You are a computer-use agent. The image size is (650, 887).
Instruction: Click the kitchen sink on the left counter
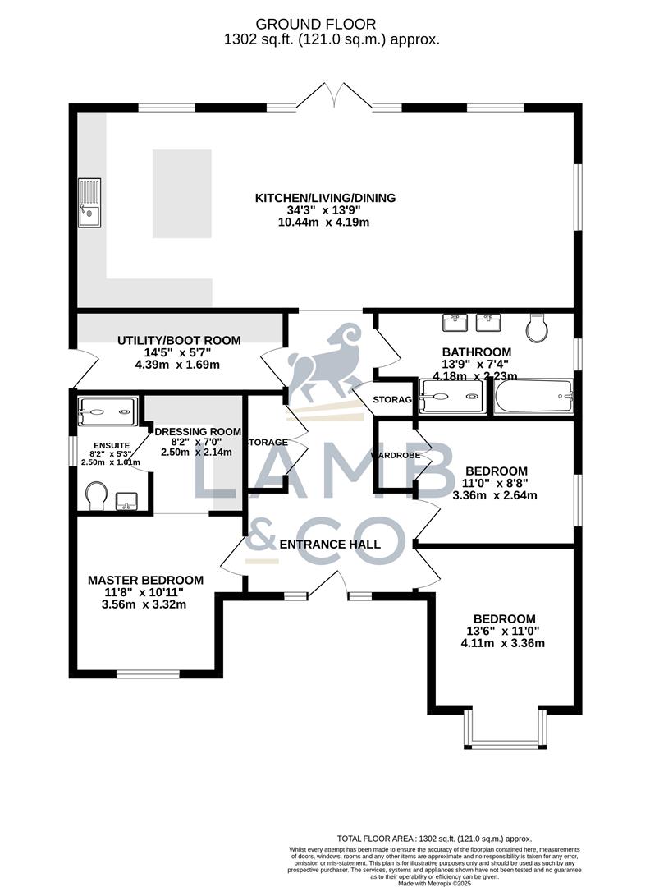(x=89, y=203)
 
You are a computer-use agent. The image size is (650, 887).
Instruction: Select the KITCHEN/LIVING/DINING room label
(x=325, y=198)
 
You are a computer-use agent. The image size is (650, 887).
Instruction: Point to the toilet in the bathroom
(x=538, y=328)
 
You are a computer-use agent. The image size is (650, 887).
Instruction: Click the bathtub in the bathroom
(x=533, y=397)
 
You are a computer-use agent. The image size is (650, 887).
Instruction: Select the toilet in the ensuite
(x=96, y=495)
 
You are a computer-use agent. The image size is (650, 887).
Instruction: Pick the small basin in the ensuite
(x=128, y=500)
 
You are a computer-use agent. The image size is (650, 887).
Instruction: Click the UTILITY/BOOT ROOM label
(x=179, y=341)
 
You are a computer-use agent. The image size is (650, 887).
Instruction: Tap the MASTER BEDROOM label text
(x=145, y=580)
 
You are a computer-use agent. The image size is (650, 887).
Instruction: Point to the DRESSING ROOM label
(x=198, y=431)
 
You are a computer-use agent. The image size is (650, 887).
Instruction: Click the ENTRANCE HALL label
(x=330, y=544)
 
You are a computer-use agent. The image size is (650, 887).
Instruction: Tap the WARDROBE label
(x=396, y=455)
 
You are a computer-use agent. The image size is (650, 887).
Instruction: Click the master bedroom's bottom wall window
(x=148, y=674)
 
